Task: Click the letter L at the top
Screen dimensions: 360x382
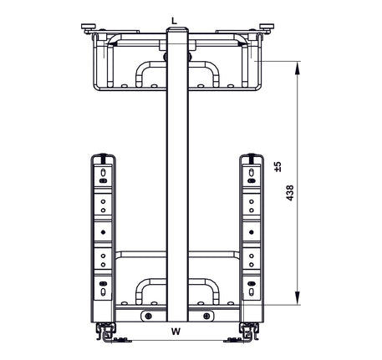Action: [173, 18]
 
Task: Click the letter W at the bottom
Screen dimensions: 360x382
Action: [176, 332]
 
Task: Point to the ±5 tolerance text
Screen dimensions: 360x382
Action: [278, 167]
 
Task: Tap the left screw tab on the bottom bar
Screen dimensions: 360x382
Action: [148, 316]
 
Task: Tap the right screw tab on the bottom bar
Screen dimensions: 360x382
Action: [206, 316]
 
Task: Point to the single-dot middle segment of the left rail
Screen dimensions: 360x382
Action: [103, 231]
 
